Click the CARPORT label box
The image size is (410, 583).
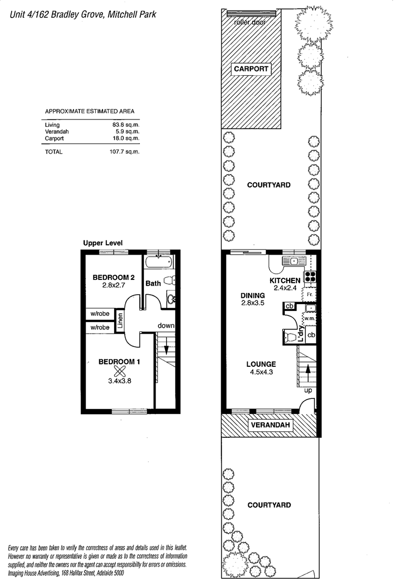(x=251, y=69)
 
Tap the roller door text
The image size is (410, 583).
(x=250, y=22)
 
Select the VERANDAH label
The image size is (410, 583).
(x=270, y=425)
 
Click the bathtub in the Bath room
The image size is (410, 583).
(x=159, y=262)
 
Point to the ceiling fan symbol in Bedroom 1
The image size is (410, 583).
(x=120, y=371)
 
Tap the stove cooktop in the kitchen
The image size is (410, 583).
(x=310, y=276)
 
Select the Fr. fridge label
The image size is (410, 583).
(x=310, y=295)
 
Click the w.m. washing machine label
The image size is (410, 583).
(x=310, y=319)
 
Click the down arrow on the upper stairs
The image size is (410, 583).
(x=167, y=346)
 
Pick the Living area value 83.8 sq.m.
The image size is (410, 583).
(x=124, y=125)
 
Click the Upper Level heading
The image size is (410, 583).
(x=103, y=243)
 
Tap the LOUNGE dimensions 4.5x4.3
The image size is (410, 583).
(x=261, y=372)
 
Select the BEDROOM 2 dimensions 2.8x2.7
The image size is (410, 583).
(x=114, y=286)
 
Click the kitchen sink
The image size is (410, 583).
(x=294, y=261)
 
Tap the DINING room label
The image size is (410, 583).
(x=252, y=296)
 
